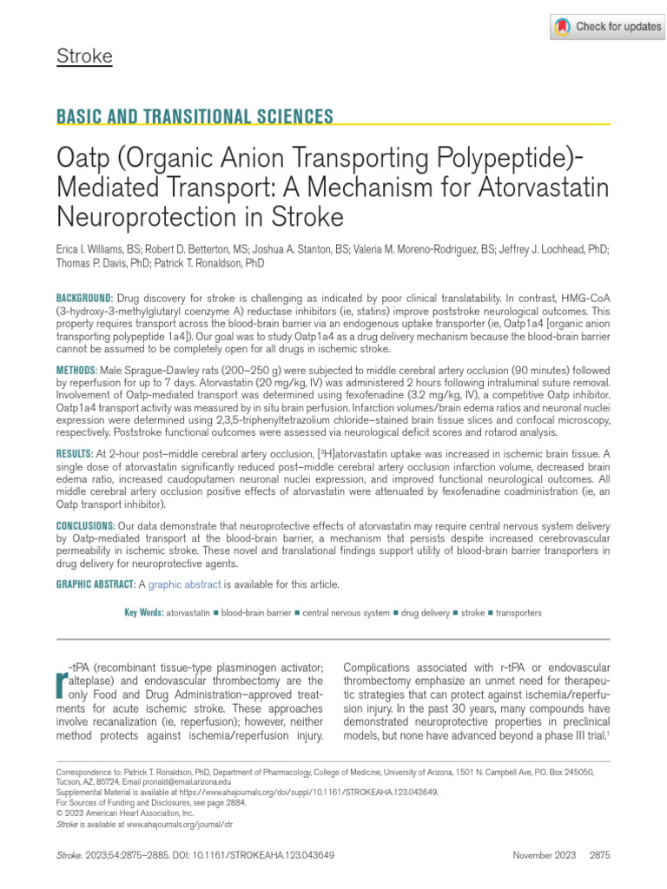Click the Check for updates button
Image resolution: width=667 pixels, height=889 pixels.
tap(607, 27)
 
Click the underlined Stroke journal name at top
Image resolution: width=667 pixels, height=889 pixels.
tap(84, 57)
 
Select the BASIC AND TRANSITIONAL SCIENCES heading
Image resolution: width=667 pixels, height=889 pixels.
tap(195, 117)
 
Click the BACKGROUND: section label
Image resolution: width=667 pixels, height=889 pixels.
tap(84, 297)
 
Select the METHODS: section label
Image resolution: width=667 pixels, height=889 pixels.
tap(77, 370)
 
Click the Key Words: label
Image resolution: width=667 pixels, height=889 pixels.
tap(144, 613)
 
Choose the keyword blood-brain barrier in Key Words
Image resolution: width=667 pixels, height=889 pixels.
tap(256, 613)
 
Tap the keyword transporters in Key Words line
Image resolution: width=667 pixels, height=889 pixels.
tap(518, 613)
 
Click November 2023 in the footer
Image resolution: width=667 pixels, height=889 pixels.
tap(545, 855)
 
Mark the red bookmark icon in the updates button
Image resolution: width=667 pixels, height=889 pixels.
tap(563, 27)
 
